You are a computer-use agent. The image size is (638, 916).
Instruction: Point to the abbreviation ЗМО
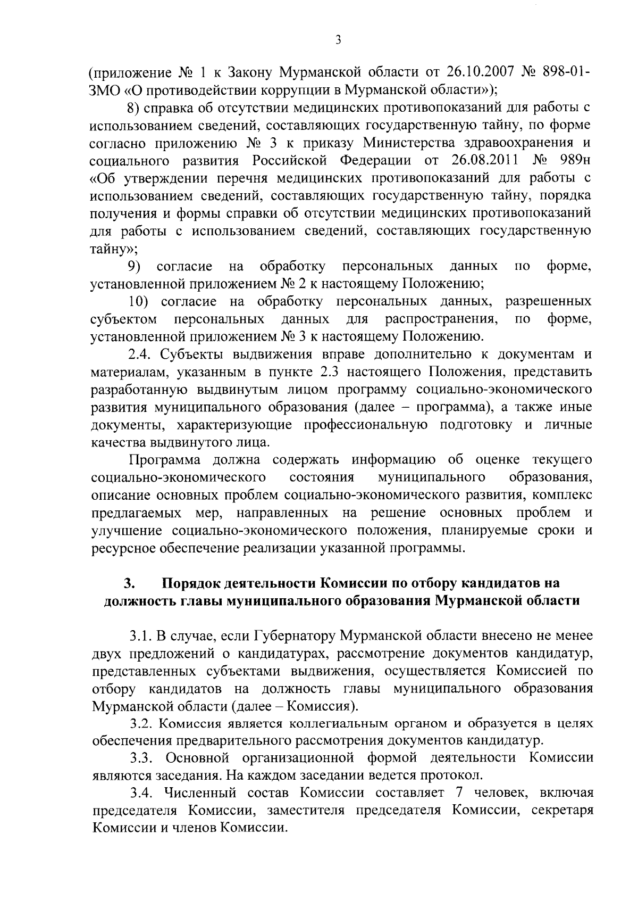pyautogui.click(x=105, y=89)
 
